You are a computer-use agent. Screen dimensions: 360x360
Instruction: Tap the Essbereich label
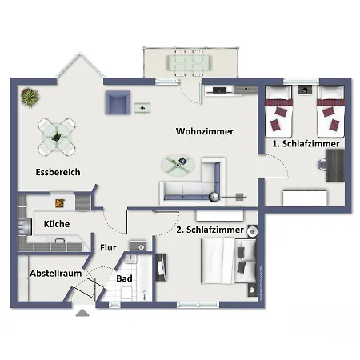point(58,172)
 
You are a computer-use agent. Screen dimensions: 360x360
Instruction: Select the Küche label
point(56,224)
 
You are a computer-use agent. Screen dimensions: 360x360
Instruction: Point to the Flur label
point(108,247)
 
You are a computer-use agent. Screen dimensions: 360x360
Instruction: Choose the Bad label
point(124,279)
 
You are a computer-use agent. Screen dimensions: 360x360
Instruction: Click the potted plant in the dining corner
point(30,98)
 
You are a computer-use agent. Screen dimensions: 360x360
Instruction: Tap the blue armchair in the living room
point(117,102)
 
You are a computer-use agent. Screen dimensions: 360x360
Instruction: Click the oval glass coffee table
point(178,163)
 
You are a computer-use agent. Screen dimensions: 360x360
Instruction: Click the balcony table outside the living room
point(187,62)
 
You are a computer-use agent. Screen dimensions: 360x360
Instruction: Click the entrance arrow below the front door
point(82,313)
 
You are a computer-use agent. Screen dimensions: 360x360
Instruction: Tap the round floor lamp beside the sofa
point(214,197)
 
